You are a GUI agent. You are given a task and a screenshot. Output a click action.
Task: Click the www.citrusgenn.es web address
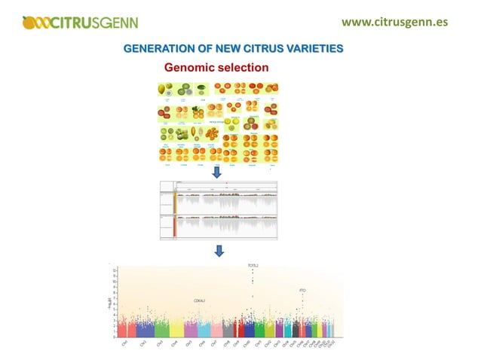tap(394, 21)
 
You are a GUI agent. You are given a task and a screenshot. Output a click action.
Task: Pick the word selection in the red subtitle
tap(243, 67)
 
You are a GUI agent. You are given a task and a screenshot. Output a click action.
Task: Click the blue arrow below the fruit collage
tap(216, 172)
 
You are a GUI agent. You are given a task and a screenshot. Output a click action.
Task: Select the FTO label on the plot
tap(303, 290)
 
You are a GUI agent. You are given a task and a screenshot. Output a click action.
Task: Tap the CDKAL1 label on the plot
tap(199, 301)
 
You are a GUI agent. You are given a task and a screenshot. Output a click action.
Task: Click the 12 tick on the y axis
tap(114, 270)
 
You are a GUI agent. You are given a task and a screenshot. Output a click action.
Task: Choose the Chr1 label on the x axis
tap(124, 343)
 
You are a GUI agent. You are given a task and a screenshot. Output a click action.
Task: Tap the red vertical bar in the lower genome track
tap(176, 227)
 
